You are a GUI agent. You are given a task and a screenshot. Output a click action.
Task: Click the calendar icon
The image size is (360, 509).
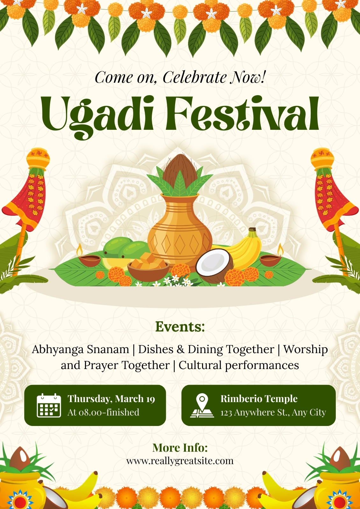(x=49, y=405)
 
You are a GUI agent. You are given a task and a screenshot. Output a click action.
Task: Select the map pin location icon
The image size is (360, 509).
(x=202, y=406)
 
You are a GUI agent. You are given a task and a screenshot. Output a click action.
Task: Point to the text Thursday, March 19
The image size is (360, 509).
(x=111, y=399)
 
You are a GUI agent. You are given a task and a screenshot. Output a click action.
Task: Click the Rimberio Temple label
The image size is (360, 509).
(x=259, y=399)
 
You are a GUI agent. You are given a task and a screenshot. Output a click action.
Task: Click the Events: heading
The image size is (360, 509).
(x=180, y=326)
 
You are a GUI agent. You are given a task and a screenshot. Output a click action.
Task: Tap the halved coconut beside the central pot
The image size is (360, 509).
(x=214, y=266)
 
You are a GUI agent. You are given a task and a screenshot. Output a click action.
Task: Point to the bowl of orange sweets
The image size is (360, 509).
(x=148, y=267)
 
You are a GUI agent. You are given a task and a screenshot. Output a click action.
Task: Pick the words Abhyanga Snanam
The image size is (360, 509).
(x=81, y=349)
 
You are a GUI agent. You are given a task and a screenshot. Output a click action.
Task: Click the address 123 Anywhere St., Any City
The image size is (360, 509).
(x=273, y=412)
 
